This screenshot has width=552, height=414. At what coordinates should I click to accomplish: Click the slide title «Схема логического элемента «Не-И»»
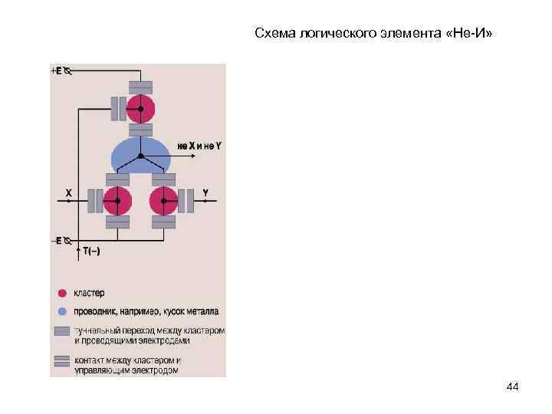(x=374, y=34)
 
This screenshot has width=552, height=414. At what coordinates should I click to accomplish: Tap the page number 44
(x=513, y=388)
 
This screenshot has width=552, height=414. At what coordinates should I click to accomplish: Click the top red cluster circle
(x=140, y=108)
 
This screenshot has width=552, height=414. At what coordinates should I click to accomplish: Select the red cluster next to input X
(x=117, y=201)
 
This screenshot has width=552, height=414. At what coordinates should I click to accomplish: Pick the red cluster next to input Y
(x=163, y=201)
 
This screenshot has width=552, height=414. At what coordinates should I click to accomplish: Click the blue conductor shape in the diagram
(x=140, y=156)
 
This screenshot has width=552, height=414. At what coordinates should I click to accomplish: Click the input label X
(x=68, y=193)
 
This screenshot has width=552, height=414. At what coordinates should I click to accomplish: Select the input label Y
(x=205, y=192)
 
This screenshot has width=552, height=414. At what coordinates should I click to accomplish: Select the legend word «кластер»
(x=89, y=293)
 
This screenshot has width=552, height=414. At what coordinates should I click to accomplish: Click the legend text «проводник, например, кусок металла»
(x=146, y=312)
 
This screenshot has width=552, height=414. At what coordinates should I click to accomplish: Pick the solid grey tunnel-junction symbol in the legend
(x=61, y=331)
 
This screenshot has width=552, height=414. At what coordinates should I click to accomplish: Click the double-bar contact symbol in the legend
(x=61, y=361)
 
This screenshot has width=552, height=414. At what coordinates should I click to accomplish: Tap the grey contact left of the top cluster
(x=118, y=108)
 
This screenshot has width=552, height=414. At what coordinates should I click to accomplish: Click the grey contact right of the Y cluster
(x=186, y=201)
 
